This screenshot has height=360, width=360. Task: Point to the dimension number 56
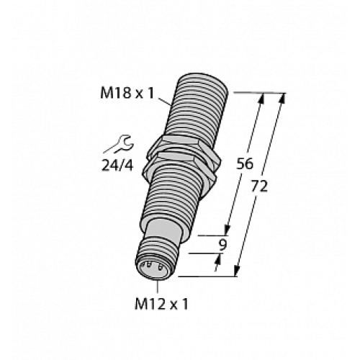pyautogui.click(x=246, y=163)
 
